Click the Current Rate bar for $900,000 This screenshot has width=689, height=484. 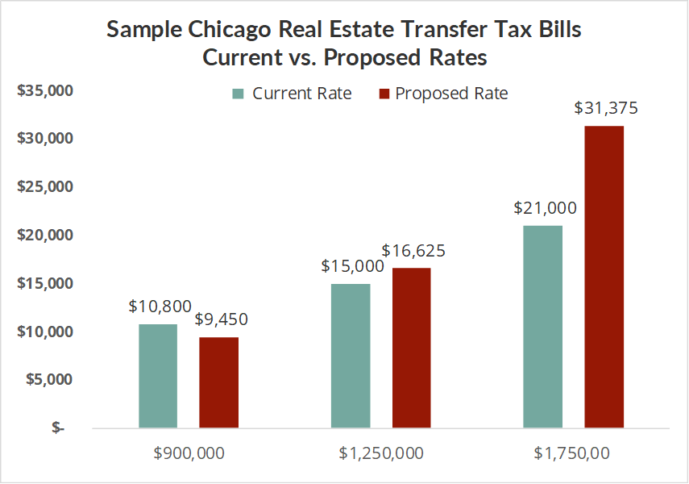click(x=158, y=376)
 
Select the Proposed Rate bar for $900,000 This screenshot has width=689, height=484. click(x=219, y=382)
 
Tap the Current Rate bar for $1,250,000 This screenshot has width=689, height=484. click(x=351, y=356)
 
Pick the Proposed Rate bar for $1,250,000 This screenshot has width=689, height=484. click(x=411, y=348)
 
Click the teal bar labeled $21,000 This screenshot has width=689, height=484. click(x=543, y=327)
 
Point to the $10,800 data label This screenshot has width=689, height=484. click(x=160, y=307)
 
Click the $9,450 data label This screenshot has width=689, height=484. click(x=221, y=319)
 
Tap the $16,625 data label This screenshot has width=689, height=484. click(x=413, y=251)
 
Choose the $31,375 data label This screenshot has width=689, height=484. click(x=606, y=108)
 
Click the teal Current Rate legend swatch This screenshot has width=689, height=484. click(x=238, y=94)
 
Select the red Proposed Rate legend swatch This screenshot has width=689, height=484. click(x=384, y=94)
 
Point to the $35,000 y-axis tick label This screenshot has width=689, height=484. click(x=45, y=90)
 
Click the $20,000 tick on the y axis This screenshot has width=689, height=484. click(x=45, y=235)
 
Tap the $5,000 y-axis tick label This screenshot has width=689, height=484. click(x=48, y=379)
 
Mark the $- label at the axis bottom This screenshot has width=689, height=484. click(x=58, y=428)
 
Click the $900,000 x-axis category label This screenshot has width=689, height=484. click(x=189, y=453)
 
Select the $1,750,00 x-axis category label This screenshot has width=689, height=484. click(x=571, y=453)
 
